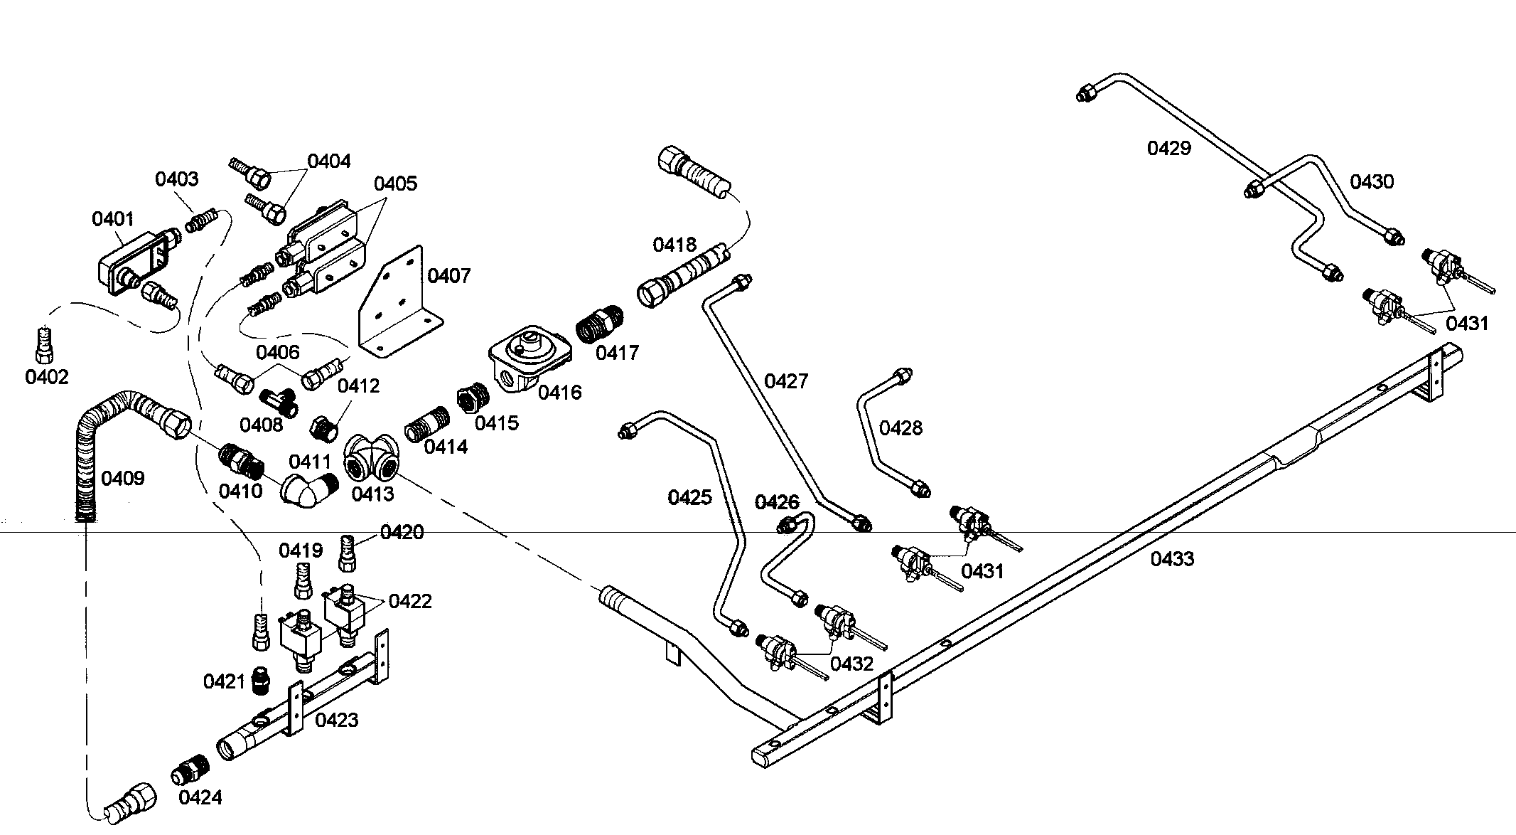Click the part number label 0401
[113, 218]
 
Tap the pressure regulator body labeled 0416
[530, 359]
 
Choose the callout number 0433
[1173, 559]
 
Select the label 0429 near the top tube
[1169, 149]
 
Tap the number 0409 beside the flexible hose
[123, 479]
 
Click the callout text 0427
[786, 382]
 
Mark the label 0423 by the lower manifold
[337, 720]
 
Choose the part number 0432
[852, 664]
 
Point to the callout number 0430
[1372, 182]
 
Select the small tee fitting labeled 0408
[281, 403]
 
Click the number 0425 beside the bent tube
[689, 498]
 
